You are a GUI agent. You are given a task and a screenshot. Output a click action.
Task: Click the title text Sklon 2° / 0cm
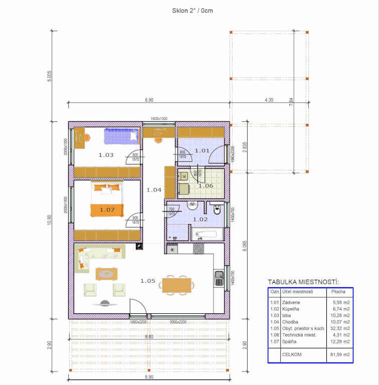click(193, 11)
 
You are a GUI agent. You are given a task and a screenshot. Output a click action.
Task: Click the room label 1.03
click(106, 155)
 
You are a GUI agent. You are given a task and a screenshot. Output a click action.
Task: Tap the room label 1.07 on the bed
click(107, 210)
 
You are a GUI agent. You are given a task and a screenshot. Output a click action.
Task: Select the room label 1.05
click(147, 281)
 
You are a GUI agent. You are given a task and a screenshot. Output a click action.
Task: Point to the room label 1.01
click(202, 150)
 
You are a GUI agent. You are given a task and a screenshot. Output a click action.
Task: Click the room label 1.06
click(206, 186)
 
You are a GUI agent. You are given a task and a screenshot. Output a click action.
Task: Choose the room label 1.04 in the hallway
click(154, 190)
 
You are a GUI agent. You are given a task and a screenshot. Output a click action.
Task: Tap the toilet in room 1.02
click(217, 210)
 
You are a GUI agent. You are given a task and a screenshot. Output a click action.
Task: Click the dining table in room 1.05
click(176, 285)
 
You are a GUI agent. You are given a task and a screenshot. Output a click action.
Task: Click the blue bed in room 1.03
click(121, 135)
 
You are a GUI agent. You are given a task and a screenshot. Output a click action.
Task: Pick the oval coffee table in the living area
click(106, 274)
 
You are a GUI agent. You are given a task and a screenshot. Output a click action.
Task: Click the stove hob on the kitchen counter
click(199, 249)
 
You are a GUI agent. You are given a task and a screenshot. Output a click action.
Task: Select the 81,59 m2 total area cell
click(339, 354)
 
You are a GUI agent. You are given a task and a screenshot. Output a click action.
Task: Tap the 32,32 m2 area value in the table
click(339, 328)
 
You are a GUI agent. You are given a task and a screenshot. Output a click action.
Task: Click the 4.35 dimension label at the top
click(269, 100)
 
